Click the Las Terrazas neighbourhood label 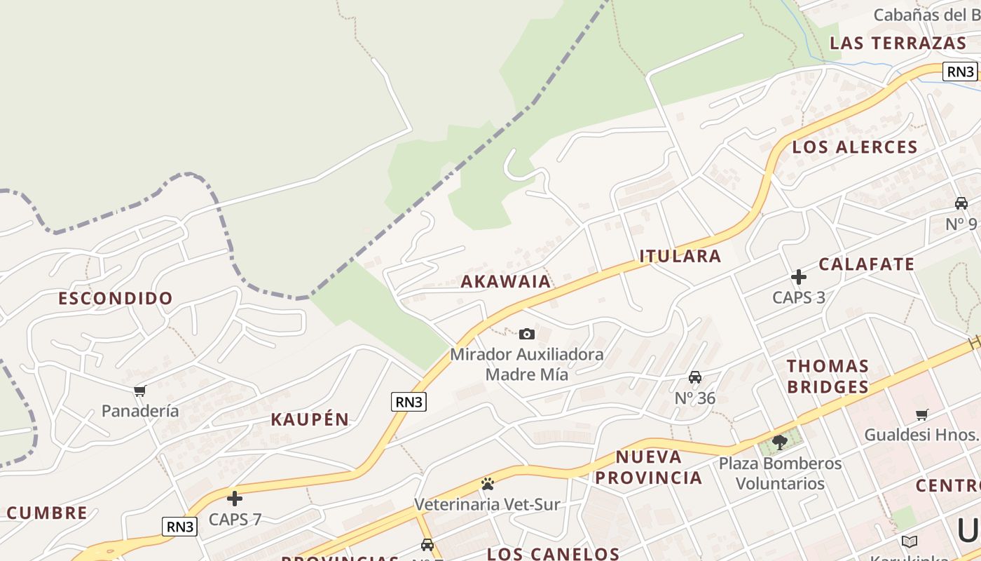pos(898,43)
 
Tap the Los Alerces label pos(854,147)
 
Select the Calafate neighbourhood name pos(866,264)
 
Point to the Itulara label pos(680,256)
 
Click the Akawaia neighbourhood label pos(506,282)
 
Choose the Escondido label pos(115,299)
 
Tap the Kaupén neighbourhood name pos(310,420)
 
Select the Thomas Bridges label pos(828,377)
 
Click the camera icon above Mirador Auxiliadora pos(527,334)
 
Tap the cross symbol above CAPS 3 pos(798,277)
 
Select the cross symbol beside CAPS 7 pos(235,499)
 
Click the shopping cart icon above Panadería pos(139,391)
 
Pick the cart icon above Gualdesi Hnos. pos(921,414)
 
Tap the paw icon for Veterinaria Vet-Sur pos(487,484)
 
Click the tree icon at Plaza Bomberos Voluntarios pos(779,442)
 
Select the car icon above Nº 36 pos(694,377)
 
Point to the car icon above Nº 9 pos(961,203)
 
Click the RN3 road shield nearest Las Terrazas pos(959,72)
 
